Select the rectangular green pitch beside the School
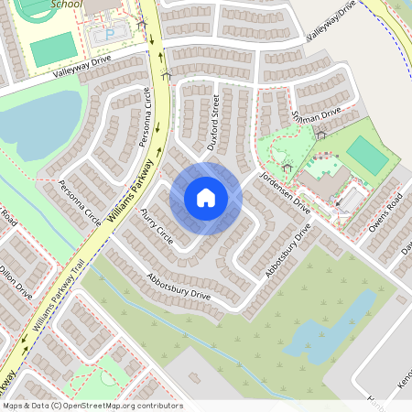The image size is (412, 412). tap(51, 49)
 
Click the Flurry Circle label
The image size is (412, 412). tap(157, 224)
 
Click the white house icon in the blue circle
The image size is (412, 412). tap(205, 198)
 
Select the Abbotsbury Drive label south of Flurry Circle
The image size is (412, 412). tap(179, 287)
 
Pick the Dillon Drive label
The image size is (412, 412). tap(16, 283)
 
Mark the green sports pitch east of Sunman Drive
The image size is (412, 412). tap(367, 153)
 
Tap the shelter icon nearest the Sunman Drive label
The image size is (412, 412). tap(320, 135)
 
